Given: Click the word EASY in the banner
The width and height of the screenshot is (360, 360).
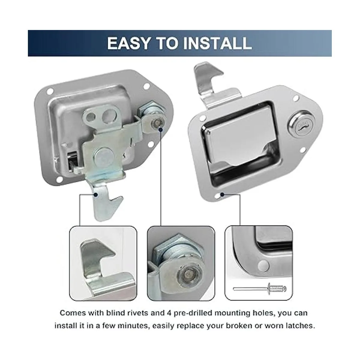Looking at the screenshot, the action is pos(128,43).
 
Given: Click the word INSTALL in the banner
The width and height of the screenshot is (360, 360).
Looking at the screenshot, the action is pos(217,43).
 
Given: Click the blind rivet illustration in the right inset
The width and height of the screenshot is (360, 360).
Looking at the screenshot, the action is pos(260,289).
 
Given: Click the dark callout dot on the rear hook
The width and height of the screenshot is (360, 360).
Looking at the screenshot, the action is pos(96,195).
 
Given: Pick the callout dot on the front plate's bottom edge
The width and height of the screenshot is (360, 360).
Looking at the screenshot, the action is pos(222,195).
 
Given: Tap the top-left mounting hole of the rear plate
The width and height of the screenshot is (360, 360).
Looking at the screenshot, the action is pos(50,92).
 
